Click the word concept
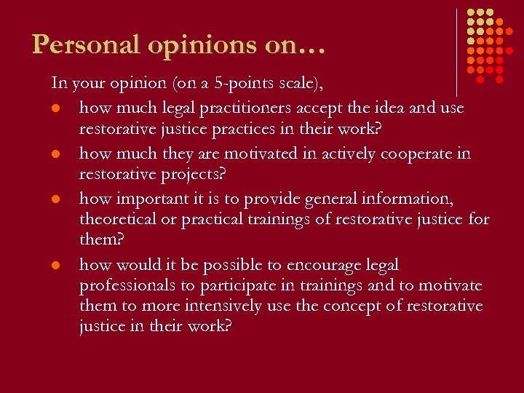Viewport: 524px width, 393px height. (337, 306)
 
